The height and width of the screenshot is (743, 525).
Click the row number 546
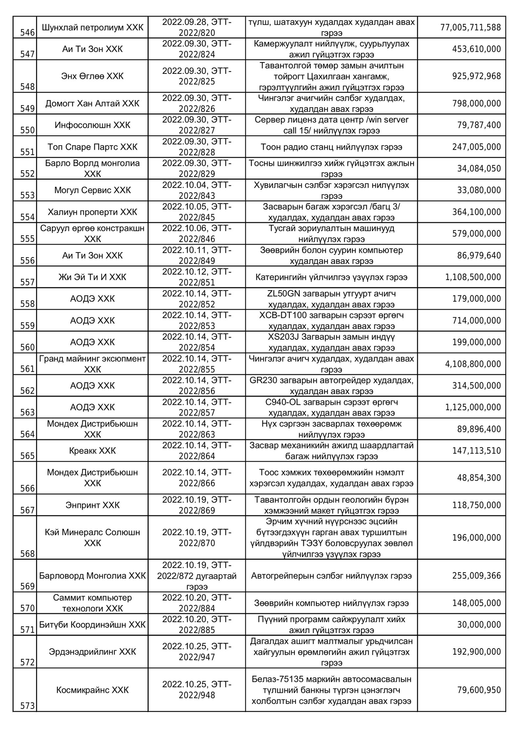coord(27,33)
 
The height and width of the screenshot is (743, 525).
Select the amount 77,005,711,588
coord(471,27)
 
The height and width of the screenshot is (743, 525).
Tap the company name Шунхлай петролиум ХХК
coord(93,27)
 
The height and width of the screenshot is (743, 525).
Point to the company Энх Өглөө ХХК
coord(93,76)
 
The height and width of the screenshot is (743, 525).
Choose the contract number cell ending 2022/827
coord(197,125)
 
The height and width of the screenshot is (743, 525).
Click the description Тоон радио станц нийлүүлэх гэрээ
coord(331,147)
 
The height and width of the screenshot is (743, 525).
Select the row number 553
coord(27,195)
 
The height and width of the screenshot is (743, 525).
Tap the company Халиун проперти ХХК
coord(93,212)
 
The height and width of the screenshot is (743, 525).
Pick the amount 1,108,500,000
coord(473,277)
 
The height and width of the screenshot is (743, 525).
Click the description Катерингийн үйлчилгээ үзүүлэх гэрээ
coord(331,277)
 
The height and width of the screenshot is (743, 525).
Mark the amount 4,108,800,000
coord(473,364)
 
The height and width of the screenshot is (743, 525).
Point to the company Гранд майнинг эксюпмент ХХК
coord(93,364)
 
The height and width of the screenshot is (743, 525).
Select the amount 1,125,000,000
coord(473,407)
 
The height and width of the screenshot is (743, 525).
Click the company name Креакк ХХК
coord(93,450)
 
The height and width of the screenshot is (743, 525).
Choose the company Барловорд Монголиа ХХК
coord(93,576)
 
